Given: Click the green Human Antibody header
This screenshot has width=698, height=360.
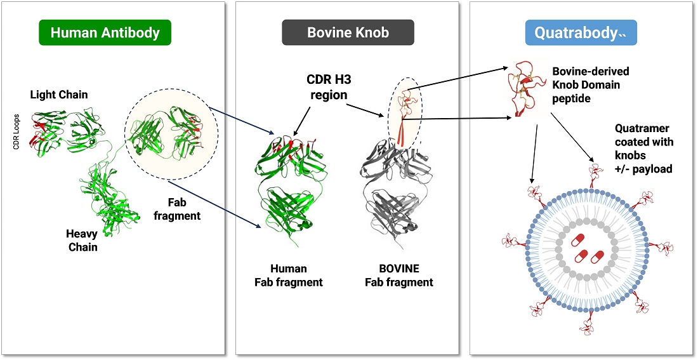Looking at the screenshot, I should pyautogui.click(x=105, y=32).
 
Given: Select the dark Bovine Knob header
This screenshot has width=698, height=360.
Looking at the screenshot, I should pyautogui.click(x=348, y=32).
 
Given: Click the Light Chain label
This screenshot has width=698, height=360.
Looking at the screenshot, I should pyautogui.click(x=59, y=95).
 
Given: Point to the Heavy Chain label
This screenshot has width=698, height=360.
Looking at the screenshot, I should pyautogui.click(x=82, y=240).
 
